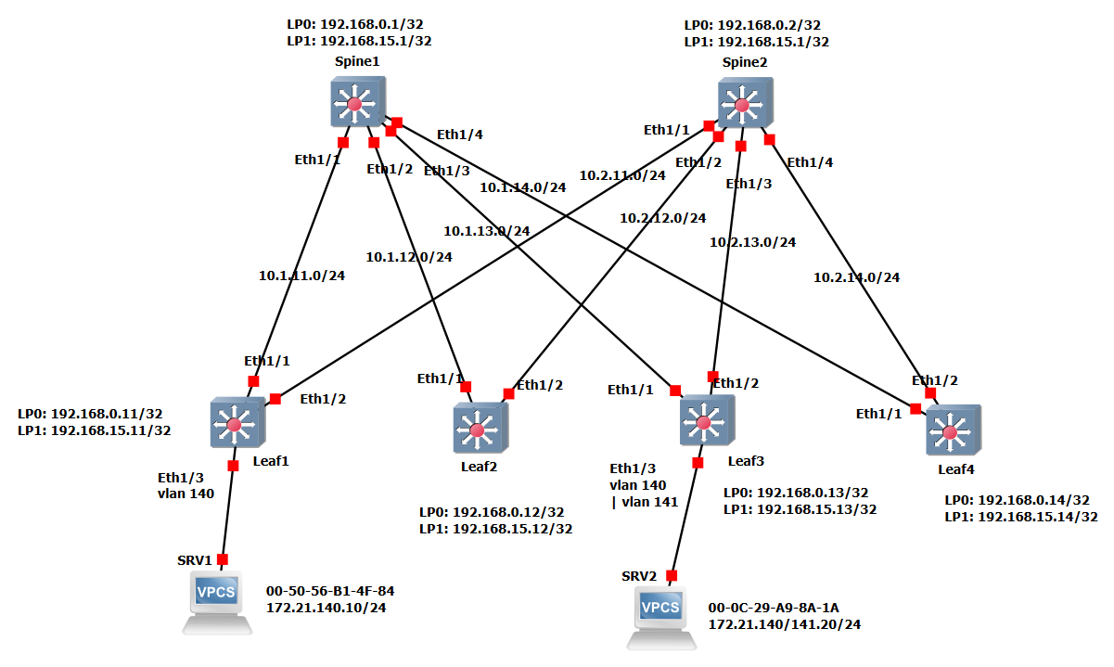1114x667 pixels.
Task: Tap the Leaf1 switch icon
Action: click(x=237, y=424)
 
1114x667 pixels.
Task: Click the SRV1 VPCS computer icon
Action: click(x=217, y=601)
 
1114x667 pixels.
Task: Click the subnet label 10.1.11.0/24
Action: click(x=301, y=276)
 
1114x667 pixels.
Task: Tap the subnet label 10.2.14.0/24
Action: click(x=856, y=276)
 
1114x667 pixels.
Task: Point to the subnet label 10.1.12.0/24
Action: click(x=409, y=257)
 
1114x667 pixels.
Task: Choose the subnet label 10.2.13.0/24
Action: click(x=752, y=242)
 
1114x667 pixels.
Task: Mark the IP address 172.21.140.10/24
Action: click(x=326, y=608)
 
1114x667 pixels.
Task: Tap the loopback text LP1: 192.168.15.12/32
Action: click(x=495, y=529)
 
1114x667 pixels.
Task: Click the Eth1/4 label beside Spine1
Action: click(x=460, y=135)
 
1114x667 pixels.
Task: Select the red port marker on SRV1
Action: click(x=223, y=559)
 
